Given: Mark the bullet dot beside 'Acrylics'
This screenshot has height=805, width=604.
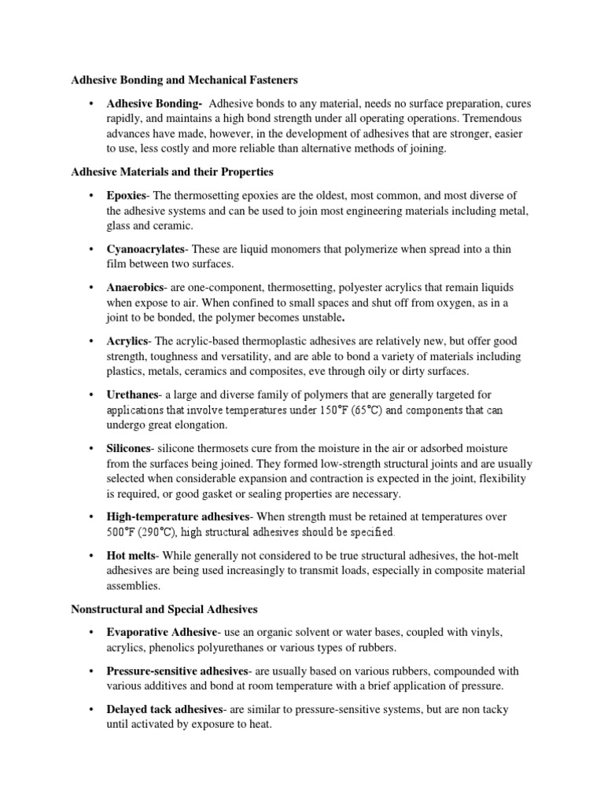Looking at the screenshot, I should [x=91, y=342].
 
